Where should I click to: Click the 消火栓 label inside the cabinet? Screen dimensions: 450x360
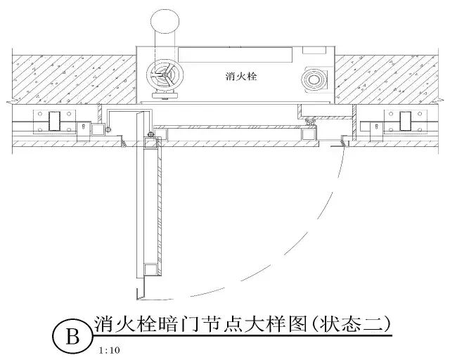(242, 76)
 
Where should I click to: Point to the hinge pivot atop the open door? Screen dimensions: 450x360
(150, 135)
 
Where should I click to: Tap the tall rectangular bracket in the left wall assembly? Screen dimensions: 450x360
(54, 121)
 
